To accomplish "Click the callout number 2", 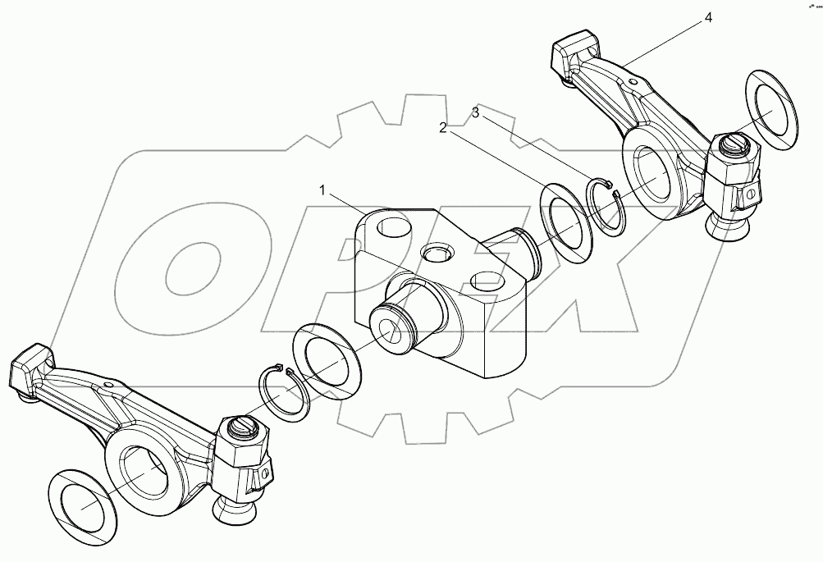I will [442, 127].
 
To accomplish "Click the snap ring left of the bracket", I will [283, 395].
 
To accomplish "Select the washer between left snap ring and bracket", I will [327, 360].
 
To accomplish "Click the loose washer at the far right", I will [772, 111].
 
